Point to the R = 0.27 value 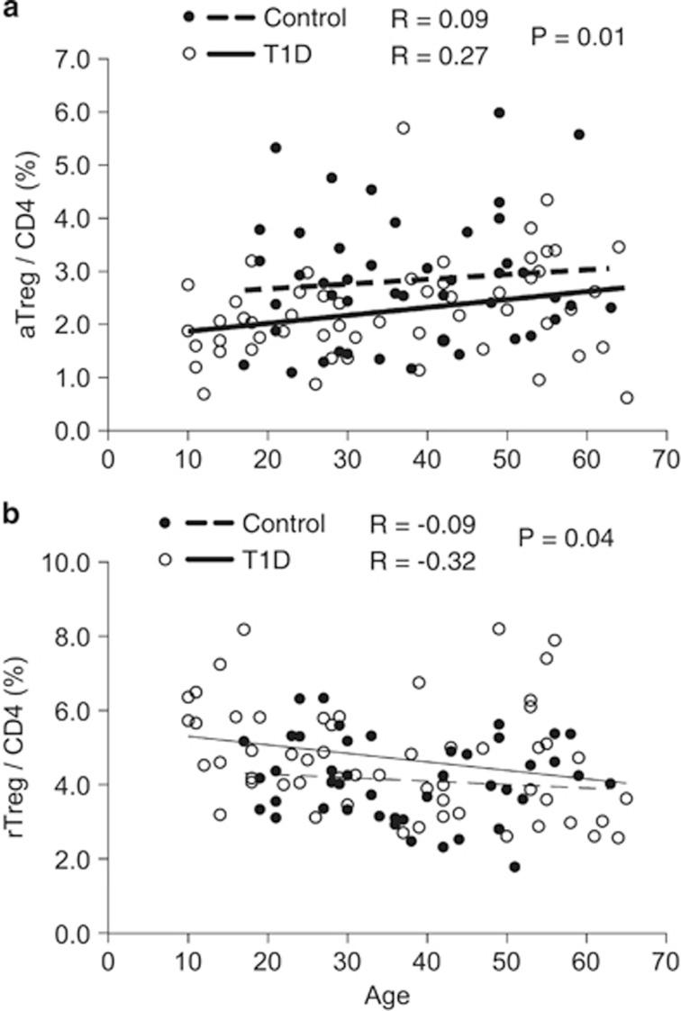point(440,56)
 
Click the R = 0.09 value point(440,18)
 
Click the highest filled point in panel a point(499,113)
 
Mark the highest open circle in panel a point(404,128)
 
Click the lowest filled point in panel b point(514,867)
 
